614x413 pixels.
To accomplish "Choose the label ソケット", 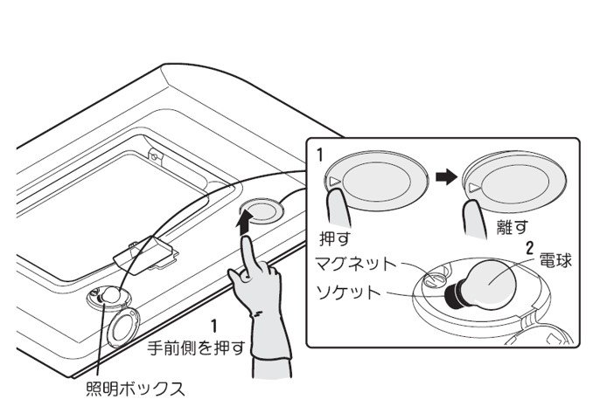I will point(349,292).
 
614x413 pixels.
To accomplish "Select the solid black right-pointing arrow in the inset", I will point(446,178).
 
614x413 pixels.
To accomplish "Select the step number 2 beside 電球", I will point(529,248).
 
